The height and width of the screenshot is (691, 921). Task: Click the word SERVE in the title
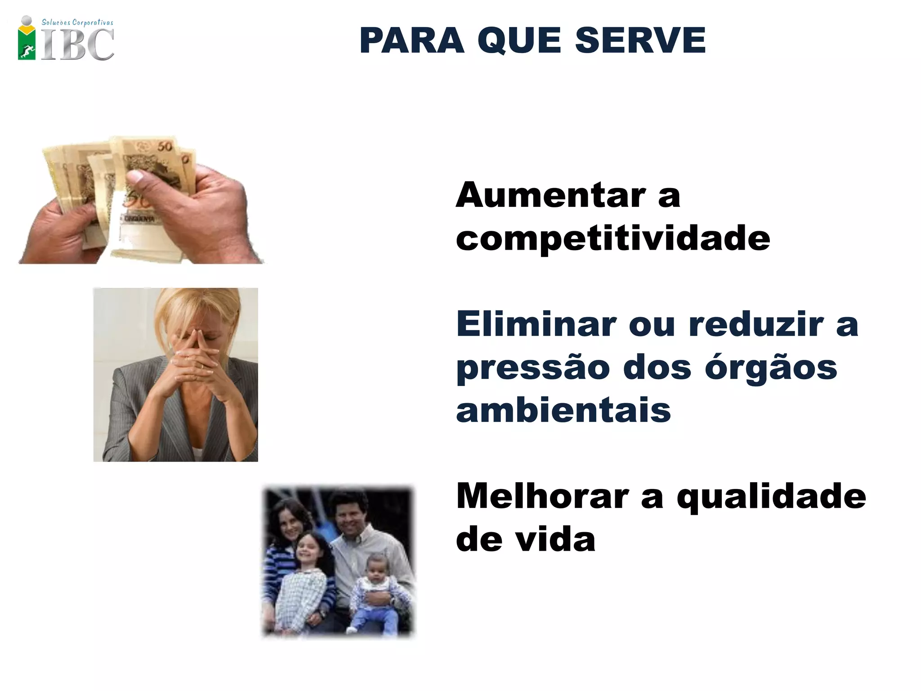click(640, 41)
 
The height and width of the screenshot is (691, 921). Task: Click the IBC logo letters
click(77, 45)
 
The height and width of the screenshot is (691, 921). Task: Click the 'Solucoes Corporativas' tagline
click(77, 22)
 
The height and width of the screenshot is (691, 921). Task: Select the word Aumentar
click(551, 196)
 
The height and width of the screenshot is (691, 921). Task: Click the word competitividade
click(613, 239)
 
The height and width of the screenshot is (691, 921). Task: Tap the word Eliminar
click(536, 324)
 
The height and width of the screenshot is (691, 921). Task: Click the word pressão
click(533, 368)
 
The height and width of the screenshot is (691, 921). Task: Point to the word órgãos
click(771, 368)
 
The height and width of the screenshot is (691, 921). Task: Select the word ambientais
click(563, 410)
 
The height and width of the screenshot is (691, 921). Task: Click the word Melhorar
click(542, 496)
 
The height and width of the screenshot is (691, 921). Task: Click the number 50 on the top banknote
click(165, 146)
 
